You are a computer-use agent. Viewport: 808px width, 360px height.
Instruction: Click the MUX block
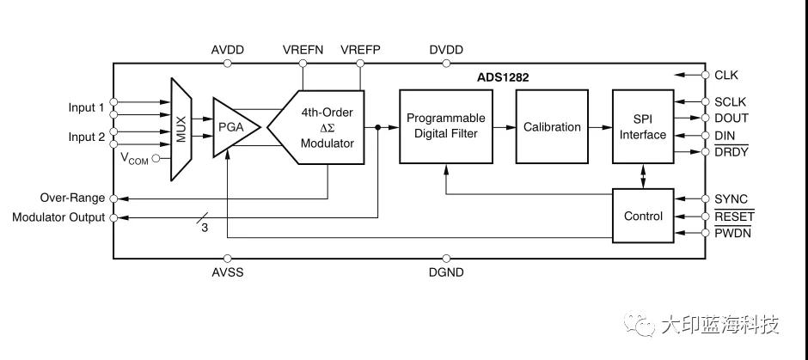[181, 129]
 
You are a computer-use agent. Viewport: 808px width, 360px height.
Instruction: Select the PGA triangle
[230, 127]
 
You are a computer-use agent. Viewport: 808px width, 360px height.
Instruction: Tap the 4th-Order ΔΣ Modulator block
[322, 128]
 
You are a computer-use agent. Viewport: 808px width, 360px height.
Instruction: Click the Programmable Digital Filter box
[445, 125]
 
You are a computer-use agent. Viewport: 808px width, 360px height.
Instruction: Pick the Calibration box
[552, 126]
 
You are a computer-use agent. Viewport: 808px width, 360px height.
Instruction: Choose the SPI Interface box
[643, 126]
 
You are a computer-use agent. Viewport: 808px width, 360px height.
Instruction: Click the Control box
[643, 217]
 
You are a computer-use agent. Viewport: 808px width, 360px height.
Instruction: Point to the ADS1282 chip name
[503, 77]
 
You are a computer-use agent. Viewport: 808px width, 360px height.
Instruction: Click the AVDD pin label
[228, 50]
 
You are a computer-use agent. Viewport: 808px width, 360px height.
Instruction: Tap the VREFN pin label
[303, 50]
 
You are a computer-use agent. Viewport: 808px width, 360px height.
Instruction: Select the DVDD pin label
[446, 50]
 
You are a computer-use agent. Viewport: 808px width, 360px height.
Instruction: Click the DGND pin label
[446, 272]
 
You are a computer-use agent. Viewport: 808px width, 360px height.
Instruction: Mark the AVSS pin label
[228, 272]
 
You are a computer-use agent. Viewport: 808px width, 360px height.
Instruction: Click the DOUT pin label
[731, 118]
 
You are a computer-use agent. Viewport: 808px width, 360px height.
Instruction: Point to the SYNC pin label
[731, 200]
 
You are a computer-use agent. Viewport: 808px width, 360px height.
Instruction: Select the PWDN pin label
[732, 233]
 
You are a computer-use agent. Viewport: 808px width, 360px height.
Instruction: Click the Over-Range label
[72, 198]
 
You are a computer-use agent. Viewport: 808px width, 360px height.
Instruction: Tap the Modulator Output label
[58, 217]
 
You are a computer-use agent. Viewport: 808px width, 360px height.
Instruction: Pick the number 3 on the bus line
[205, 228]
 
